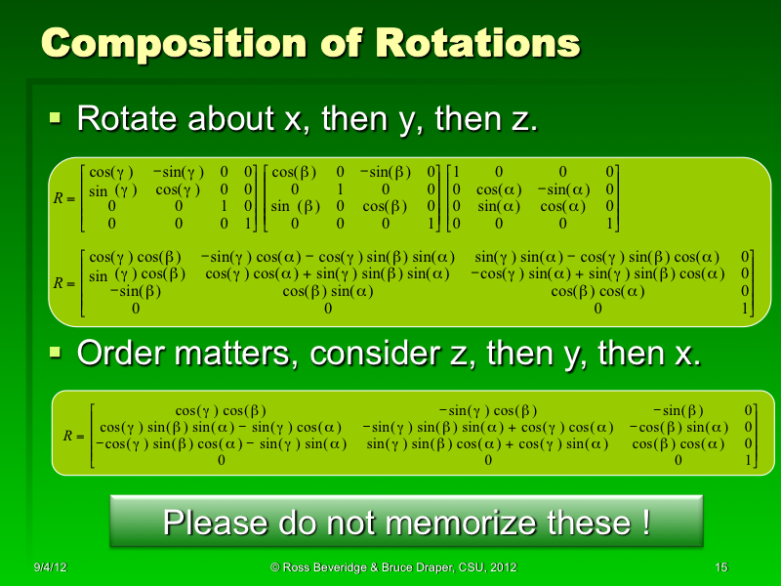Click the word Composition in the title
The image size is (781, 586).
[x=174, y=44]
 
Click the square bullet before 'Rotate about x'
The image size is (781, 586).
[x=56, y=119]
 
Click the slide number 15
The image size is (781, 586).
[x=721, y=567]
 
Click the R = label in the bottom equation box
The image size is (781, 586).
[x=73, y=436]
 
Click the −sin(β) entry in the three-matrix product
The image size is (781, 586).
[x=385, y=171]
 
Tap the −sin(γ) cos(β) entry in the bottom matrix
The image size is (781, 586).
[x=487, y=410]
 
